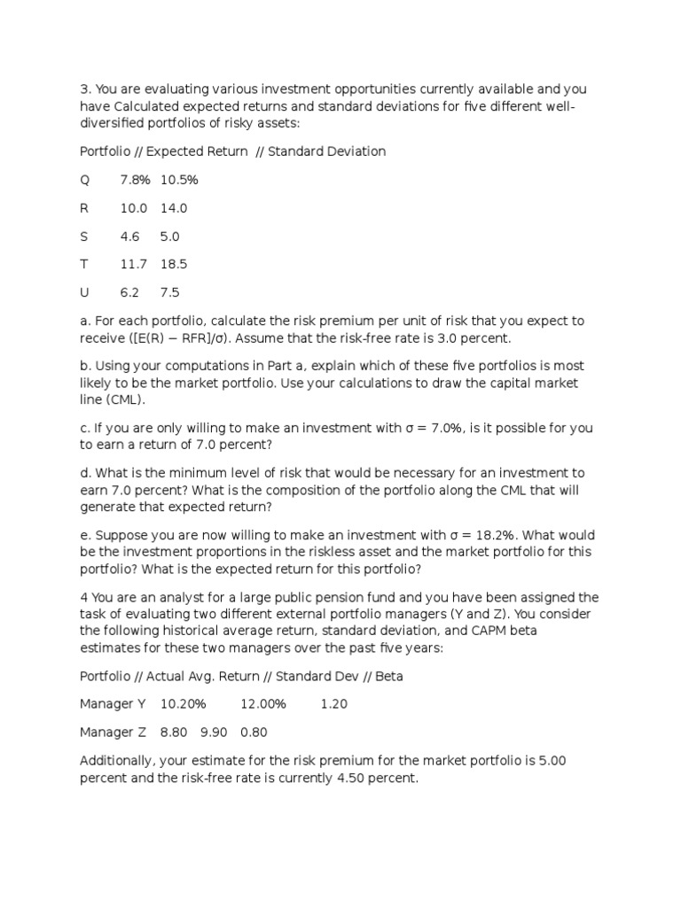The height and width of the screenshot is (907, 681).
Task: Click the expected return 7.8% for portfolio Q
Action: click(x=134, y=180)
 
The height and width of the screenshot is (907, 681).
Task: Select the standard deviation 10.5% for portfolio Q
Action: click(x=179, y=180)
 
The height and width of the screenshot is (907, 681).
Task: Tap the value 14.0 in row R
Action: click(x=174, y=208)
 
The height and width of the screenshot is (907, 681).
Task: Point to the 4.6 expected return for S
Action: click(x=129, y=236)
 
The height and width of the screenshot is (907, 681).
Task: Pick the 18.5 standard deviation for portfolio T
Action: click(x=174, y=264)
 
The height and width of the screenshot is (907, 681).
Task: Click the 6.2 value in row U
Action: click(x=129, y=292)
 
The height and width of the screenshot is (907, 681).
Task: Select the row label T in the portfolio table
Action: click(x=84, y=264)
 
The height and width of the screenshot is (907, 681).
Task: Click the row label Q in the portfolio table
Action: click(x=85, y=180)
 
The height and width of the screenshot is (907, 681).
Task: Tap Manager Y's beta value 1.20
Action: click(x=334, y=704)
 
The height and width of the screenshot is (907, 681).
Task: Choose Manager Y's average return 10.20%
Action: click(x=183, y=704)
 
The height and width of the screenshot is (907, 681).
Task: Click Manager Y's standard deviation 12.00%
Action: click(x=263, y=704)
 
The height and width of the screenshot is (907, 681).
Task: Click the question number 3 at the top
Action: click(x=84, y=89)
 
